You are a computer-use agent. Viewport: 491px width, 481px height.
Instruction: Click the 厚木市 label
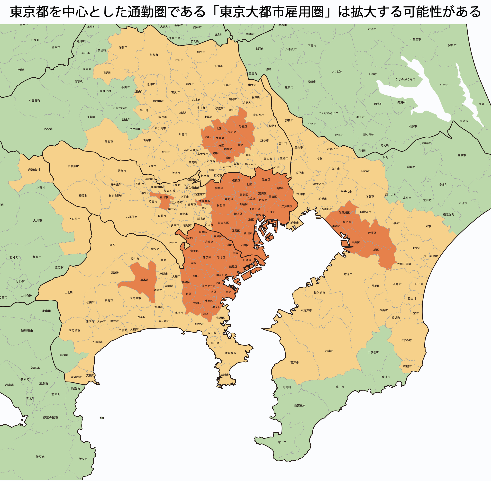[x=144, y=280]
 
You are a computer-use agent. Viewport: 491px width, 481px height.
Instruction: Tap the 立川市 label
[x=164, y=197]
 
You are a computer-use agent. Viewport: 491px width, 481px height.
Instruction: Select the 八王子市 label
[x=132, y=217]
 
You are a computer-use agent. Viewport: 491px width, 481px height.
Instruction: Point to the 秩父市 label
[x=48, y=129]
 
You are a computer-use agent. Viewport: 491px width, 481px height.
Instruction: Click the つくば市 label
[x=337, y=72]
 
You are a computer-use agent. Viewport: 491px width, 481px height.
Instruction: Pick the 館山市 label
[x=282, y=442]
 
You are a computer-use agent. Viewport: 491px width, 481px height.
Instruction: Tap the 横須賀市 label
[x=230, y=353]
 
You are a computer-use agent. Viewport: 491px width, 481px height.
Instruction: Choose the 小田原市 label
[x=97, y=342]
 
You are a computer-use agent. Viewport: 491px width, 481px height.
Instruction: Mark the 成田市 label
[x=411, y=167]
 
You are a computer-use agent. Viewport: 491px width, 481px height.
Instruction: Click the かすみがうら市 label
[x=405, y=79]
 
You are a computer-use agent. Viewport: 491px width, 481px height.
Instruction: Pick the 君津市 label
[x=329, y=351]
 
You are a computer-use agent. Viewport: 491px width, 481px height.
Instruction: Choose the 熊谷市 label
[x=154, y=55]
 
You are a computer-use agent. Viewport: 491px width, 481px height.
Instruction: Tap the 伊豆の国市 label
[x=51, y=418]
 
